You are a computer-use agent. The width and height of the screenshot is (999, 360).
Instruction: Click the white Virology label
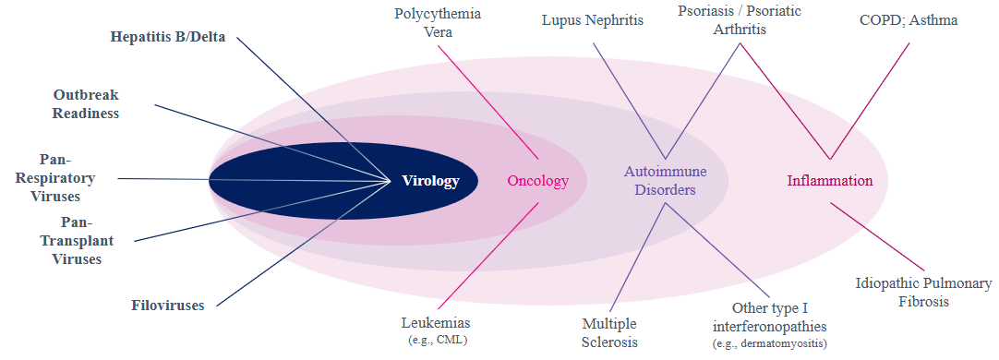click(x=430, y=181)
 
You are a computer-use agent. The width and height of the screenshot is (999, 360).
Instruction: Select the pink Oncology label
click(x=537, y=181)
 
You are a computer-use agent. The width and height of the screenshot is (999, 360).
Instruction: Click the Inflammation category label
click(x=829, y=181)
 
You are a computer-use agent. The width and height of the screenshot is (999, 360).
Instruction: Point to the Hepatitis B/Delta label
click(x=167, y=36)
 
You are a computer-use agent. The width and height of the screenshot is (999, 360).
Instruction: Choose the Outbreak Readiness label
click(x=86, y=104)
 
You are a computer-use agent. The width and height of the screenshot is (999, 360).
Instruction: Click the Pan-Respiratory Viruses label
click(x=56, y=177)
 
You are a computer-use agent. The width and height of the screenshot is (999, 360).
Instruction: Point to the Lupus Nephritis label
click(x=593, y=20)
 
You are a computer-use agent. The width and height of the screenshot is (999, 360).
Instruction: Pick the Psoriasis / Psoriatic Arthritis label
click(x=740, y=19)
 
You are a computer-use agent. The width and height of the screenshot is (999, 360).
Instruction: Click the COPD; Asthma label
click(x=909, y=20)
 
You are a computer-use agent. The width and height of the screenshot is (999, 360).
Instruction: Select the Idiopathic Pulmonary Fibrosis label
click(x=923, y=292)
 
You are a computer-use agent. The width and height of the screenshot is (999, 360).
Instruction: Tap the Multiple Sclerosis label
click(x=609, y=332)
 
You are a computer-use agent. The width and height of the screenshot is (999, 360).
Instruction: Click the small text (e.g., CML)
click(x=438, y=341)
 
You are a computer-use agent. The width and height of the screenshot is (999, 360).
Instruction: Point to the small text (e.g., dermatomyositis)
click(x=770, y=344)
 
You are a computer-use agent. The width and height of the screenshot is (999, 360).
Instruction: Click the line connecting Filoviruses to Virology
click(x=303, y=244)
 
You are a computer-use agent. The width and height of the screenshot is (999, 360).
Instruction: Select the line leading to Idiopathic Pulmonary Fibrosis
click(x=877, y=236)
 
